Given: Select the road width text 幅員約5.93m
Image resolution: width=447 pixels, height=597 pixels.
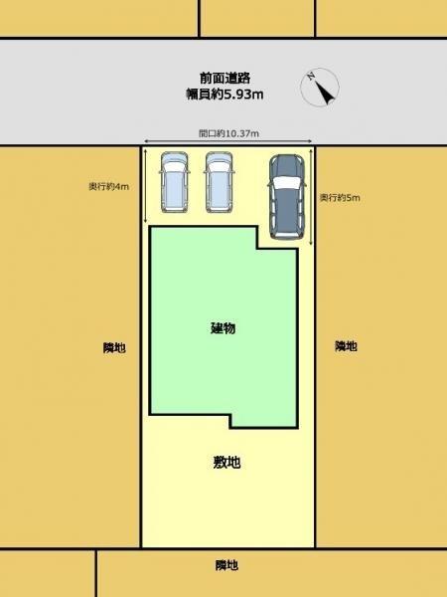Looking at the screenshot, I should [x=223, y=94].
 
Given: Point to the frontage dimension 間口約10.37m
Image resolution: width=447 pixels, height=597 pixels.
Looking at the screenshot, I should [x=228, y=132].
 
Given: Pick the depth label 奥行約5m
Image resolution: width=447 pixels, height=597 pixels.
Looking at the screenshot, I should [x=339, y=199].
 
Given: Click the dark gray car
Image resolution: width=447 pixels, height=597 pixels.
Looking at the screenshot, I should [x=287, y=196].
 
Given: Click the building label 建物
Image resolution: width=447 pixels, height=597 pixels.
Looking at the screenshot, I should [x=223, y=328].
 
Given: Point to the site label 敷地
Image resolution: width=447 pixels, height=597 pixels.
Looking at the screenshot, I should [x=227, y=462].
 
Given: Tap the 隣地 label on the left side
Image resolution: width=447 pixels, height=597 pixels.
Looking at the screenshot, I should [x=114, y=347].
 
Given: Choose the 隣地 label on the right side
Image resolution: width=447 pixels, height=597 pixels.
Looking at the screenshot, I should [x=346, y=346].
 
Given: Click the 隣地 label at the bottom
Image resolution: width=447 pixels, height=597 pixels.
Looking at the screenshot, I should [x=227, y=565].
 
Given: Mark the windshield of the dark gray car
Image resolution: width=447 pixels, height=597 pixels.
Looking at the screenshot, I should [x=286, y=184].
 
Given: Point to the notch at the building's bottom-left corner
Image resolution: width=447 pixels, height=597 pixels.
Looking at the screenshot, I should [x=189, y=420].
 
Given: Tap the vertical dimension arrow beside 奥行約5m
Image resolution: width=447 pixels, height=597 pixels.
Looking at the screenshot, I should [x=312, y=196].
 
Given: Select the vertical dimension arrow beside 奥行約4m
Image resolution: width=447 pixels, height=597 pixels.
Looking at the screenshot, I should [x=146, y=186].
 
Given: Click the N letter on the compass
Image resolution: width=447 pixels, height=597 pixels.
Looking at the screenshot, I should [x=311, y=76].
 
